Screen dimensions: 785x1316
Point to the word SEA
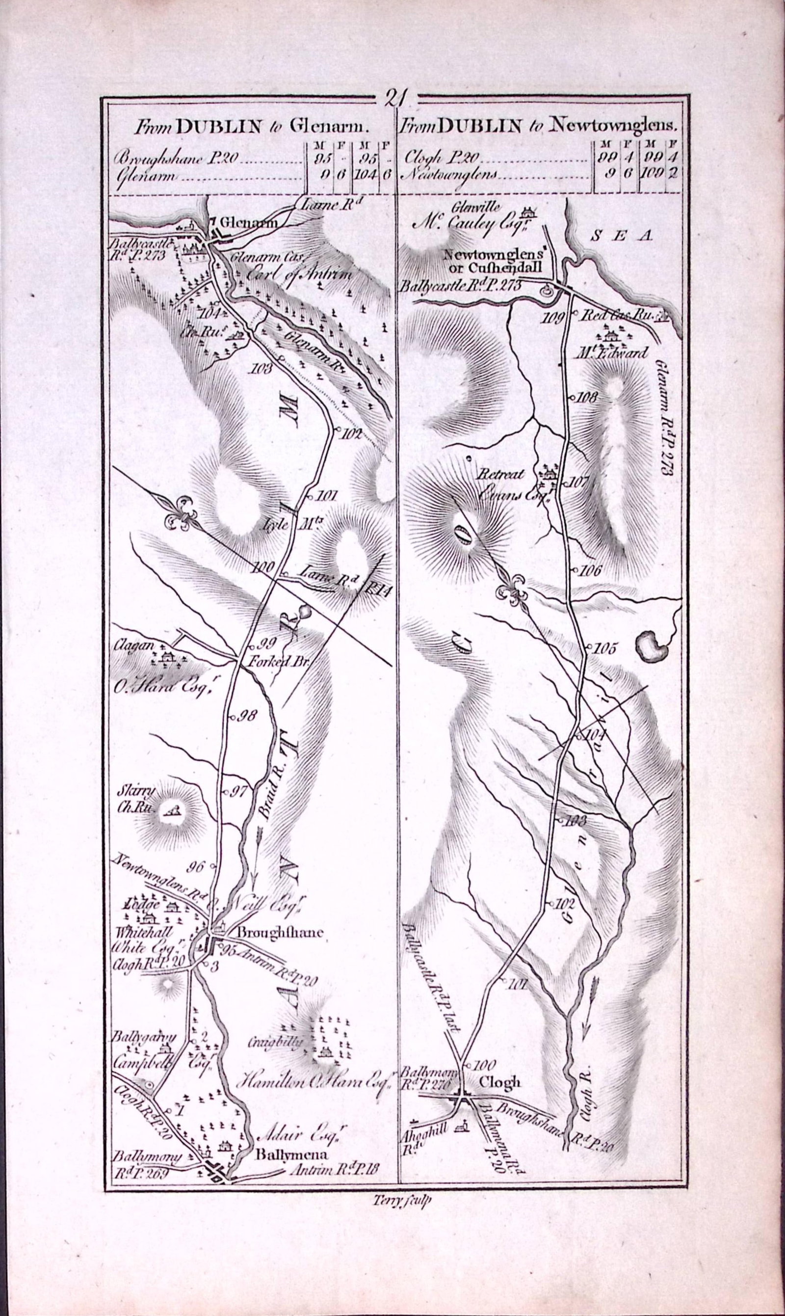[622, 237]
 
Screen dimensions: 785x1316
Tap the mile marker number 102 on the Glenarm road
[351, 434]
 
